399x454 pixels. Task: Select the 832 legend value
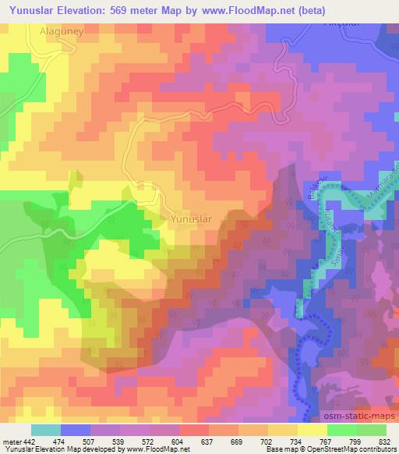385,441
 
